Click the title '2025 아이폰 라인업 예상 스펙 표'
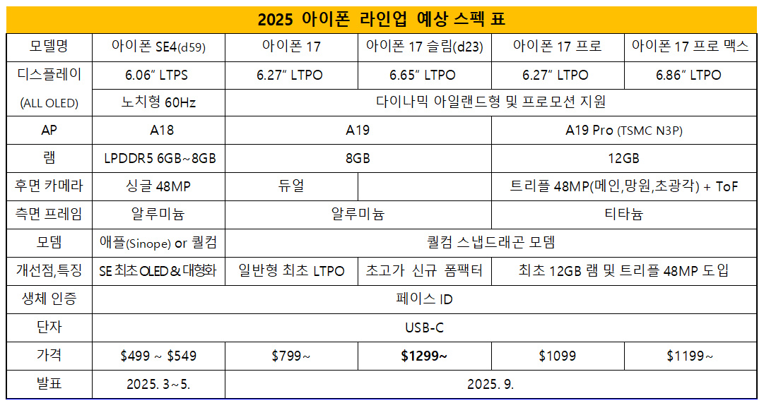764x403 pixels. coord(382,18)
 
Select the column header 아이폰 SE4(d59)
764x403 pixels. coord(158,48)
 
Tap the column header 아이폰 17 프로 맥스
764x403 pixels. coord(690,47)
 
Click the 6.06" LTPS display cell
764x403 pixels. coord(158,75)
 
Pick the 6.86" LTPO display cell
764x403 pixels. coord(690,75)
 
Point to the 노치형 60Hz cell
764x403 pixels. coord(158,102)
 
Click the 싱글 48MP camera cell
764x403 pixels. coord(158,186)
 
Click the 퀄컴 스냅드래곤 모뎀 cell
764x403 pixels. coord(490,242)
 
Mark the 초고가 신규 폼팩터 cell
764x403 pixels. coord(424,270)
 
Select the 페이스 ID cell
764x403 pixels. coord(424,299)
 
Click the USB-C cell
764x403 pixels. coord(424,327)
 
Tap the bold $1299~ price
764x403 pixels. coord(424,356)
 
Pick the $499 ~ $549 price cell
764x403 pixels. coord(158,356)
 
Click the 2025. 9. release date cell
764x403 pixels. coord(490,385)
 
